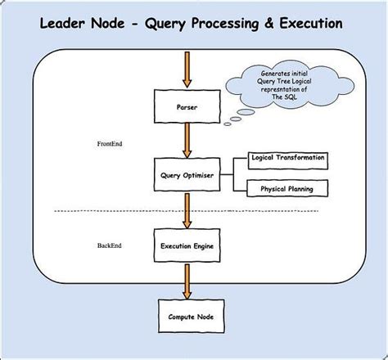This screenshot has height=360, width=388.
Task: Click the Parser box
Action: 187,107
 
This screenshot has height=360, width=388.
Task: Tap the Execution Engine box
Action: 187,244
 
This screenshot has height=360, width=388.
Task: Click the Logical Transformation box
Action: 287,157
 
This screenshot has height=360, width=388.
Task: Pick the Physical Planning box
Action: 287,189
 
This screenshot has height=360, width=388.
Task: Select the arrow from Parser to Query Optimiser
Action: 187,138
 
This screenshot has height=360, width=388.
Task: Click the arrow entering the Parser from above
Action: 187,70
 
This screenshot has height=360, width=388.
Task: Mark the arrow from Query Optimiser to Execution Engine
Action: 187,208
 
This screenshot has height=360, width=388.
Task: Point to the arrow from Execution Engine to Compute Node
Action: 187,278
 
